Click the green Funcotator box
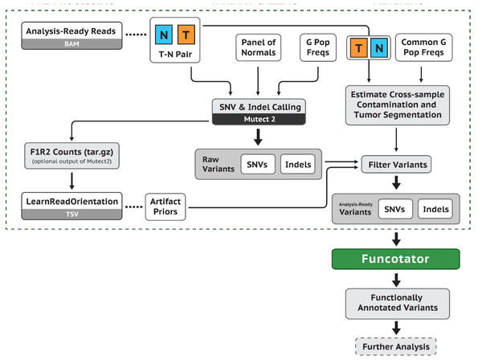(395, 259)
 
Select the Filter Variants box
(395, 165)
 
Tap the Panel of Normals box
(257, 47)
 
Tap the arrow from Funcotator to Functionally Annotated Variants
(395, 280)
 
